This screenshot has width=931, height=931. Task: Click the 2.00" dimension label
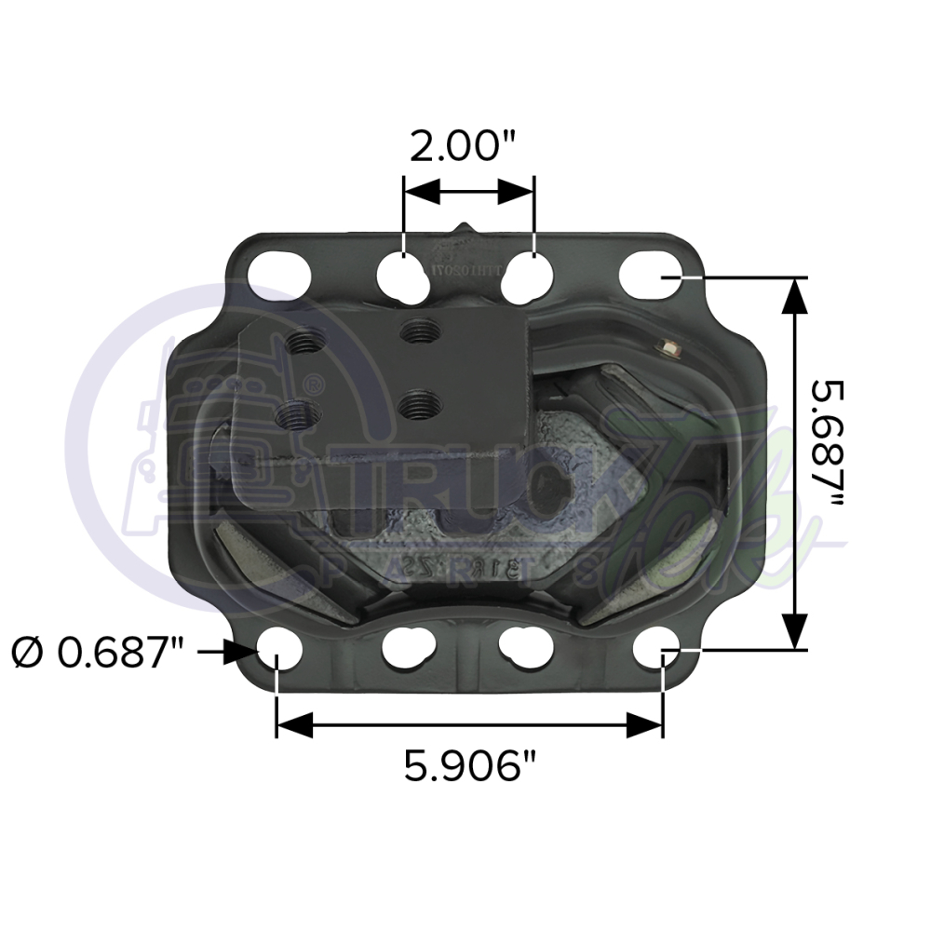click(x=462, y=146)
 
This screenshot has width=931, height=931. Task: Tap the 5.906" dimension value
click(x=471, y=767)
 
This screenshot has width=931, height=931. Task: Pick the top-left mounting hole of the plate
click(x=279, y=273)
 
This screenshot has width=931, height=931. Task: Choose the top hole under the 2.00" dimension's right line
click(x=530, y=275)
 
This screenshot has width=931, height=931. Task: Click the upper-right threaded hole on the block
click(x=421, y=329)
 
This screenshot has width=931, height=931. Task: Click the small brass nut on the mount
click(x=668, y=348)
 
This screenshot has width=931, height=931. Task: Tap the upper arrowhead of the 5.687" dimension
click(x=793, y=297)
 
